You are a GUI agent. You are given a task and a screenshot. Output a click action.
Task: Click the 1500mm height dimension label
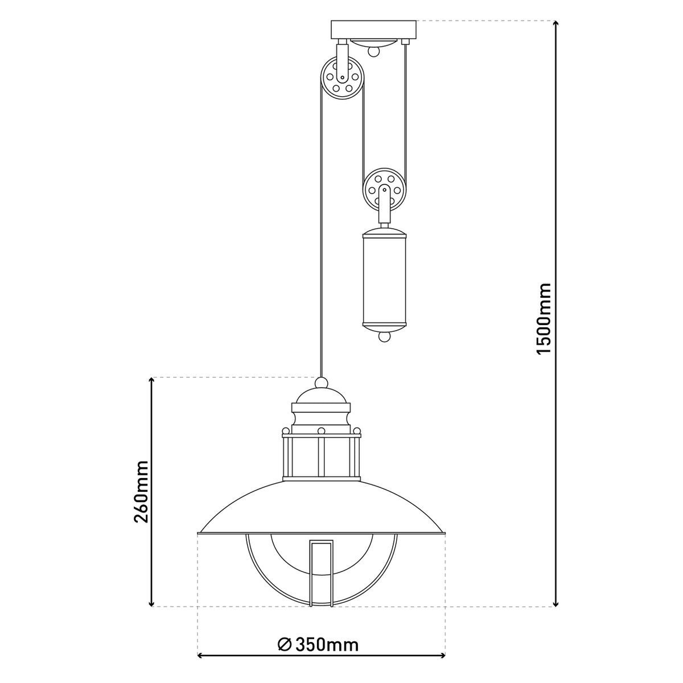[544, 318]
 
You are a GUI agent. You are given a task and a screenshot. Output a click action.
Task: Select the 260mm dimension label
[140, 491]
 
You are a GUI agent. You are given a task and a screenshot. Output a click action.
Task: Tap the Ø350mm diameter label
[319, 645]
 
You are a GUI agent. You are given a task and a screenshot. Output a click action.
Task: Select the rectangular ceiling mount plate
[374, 28]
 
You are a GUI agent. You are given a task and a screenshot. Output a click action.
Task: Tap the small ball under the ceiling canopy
[373, 52]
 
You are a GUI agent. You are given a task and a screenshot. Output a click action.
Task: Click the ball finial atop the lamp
[322, 382]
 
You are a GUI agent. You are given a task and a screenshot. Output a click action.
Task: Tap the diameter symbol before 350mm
[285, 645]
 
